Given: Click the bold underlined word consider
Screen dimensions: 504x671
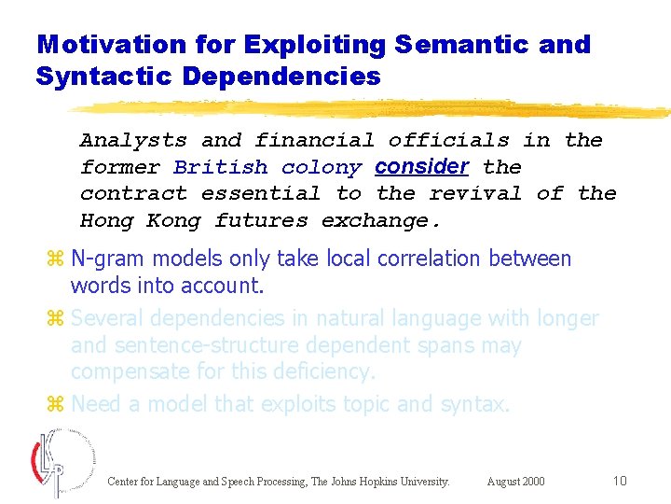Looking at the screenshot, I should point(421,167).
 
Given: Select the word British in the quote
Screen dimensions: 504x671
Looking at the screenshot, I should point(221,168).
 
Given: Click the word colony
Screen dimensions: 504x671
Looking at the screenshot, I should point(322,168).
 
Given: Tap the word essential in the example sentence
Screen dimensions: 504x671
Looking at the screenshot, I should point(261,194).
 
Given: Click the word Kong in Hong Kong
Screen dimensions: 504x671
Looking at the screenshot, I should point(173,221).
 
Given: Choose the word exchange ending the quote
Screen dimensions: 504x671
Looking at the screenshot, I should point(380,221).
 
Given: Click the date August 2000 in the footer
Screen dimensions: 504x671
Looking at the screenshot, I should point(515,482).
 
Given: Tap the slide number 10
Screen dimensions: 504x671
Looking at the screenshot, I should point(620,481).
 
